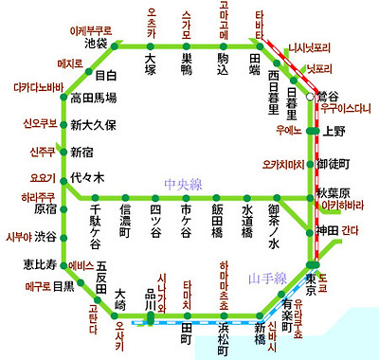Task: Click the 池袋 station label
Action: [x=96, y=43]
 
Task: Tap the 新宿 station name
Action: [x=82, y=152]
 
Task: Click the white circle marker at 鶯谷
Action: [x=310, y=97]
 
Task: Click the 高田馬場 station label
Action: [x=94, y=98]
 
